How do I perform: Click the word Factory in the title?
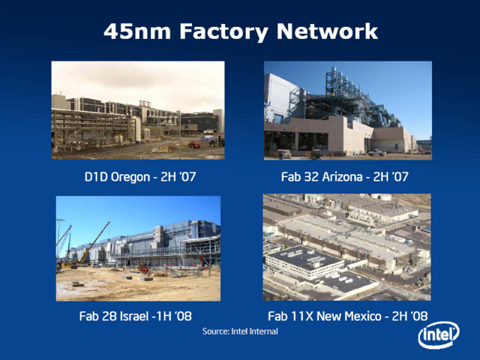click(x=223, y=31)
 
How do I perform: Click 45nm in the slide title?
click(x=136, y=31)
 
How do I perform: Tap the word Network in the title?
click(x=327, y=31)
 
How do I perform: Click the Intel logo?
click(x=439, y=335)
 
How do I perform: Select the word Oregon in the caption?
click(x=130, y=177)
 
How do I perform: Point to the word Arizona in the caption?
click(x=342, y=177)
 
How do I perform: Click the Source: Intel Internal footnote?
click(x=240, y=331)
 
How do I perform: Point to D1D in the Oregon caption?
click(x=96, y=177)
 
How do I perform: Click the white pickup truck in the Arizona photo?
click(x=376, y=152)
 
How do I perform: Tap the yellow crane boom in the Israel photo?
click(x=93, y=243)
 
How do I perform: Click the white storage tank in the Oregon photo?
click(x=136, y=129)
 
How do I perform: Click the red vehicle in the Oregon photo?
click(x=195, y=145)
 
